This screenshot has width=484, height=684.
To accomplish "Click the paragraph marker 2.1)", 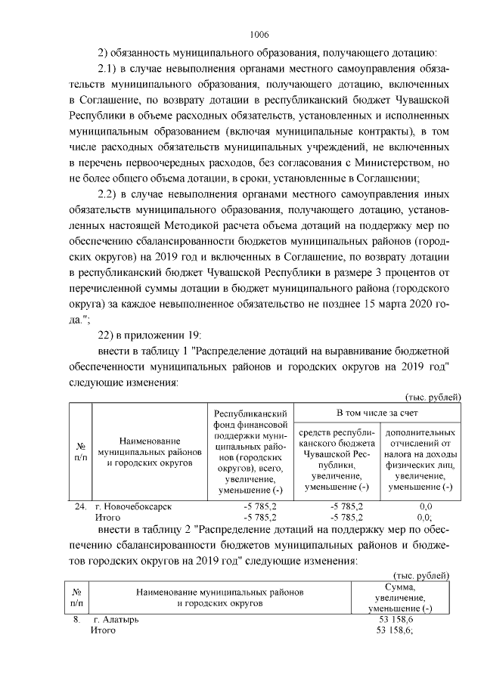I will (x=111, y=70).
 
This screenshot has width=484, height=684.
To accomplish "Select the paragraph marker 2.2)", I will (x=111, y=193).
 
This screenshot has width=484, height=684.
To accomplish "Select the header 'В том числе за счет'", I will (x=374, y=413).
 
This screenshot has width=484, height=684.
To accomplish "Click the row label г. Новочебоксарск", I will (x=130, y=506).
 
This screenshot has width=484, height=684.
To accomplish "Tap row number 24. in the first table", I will (x=79, y=506).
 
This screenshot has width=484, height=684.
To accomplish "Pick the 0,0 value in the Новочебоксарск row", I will (x=424, y=506).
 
